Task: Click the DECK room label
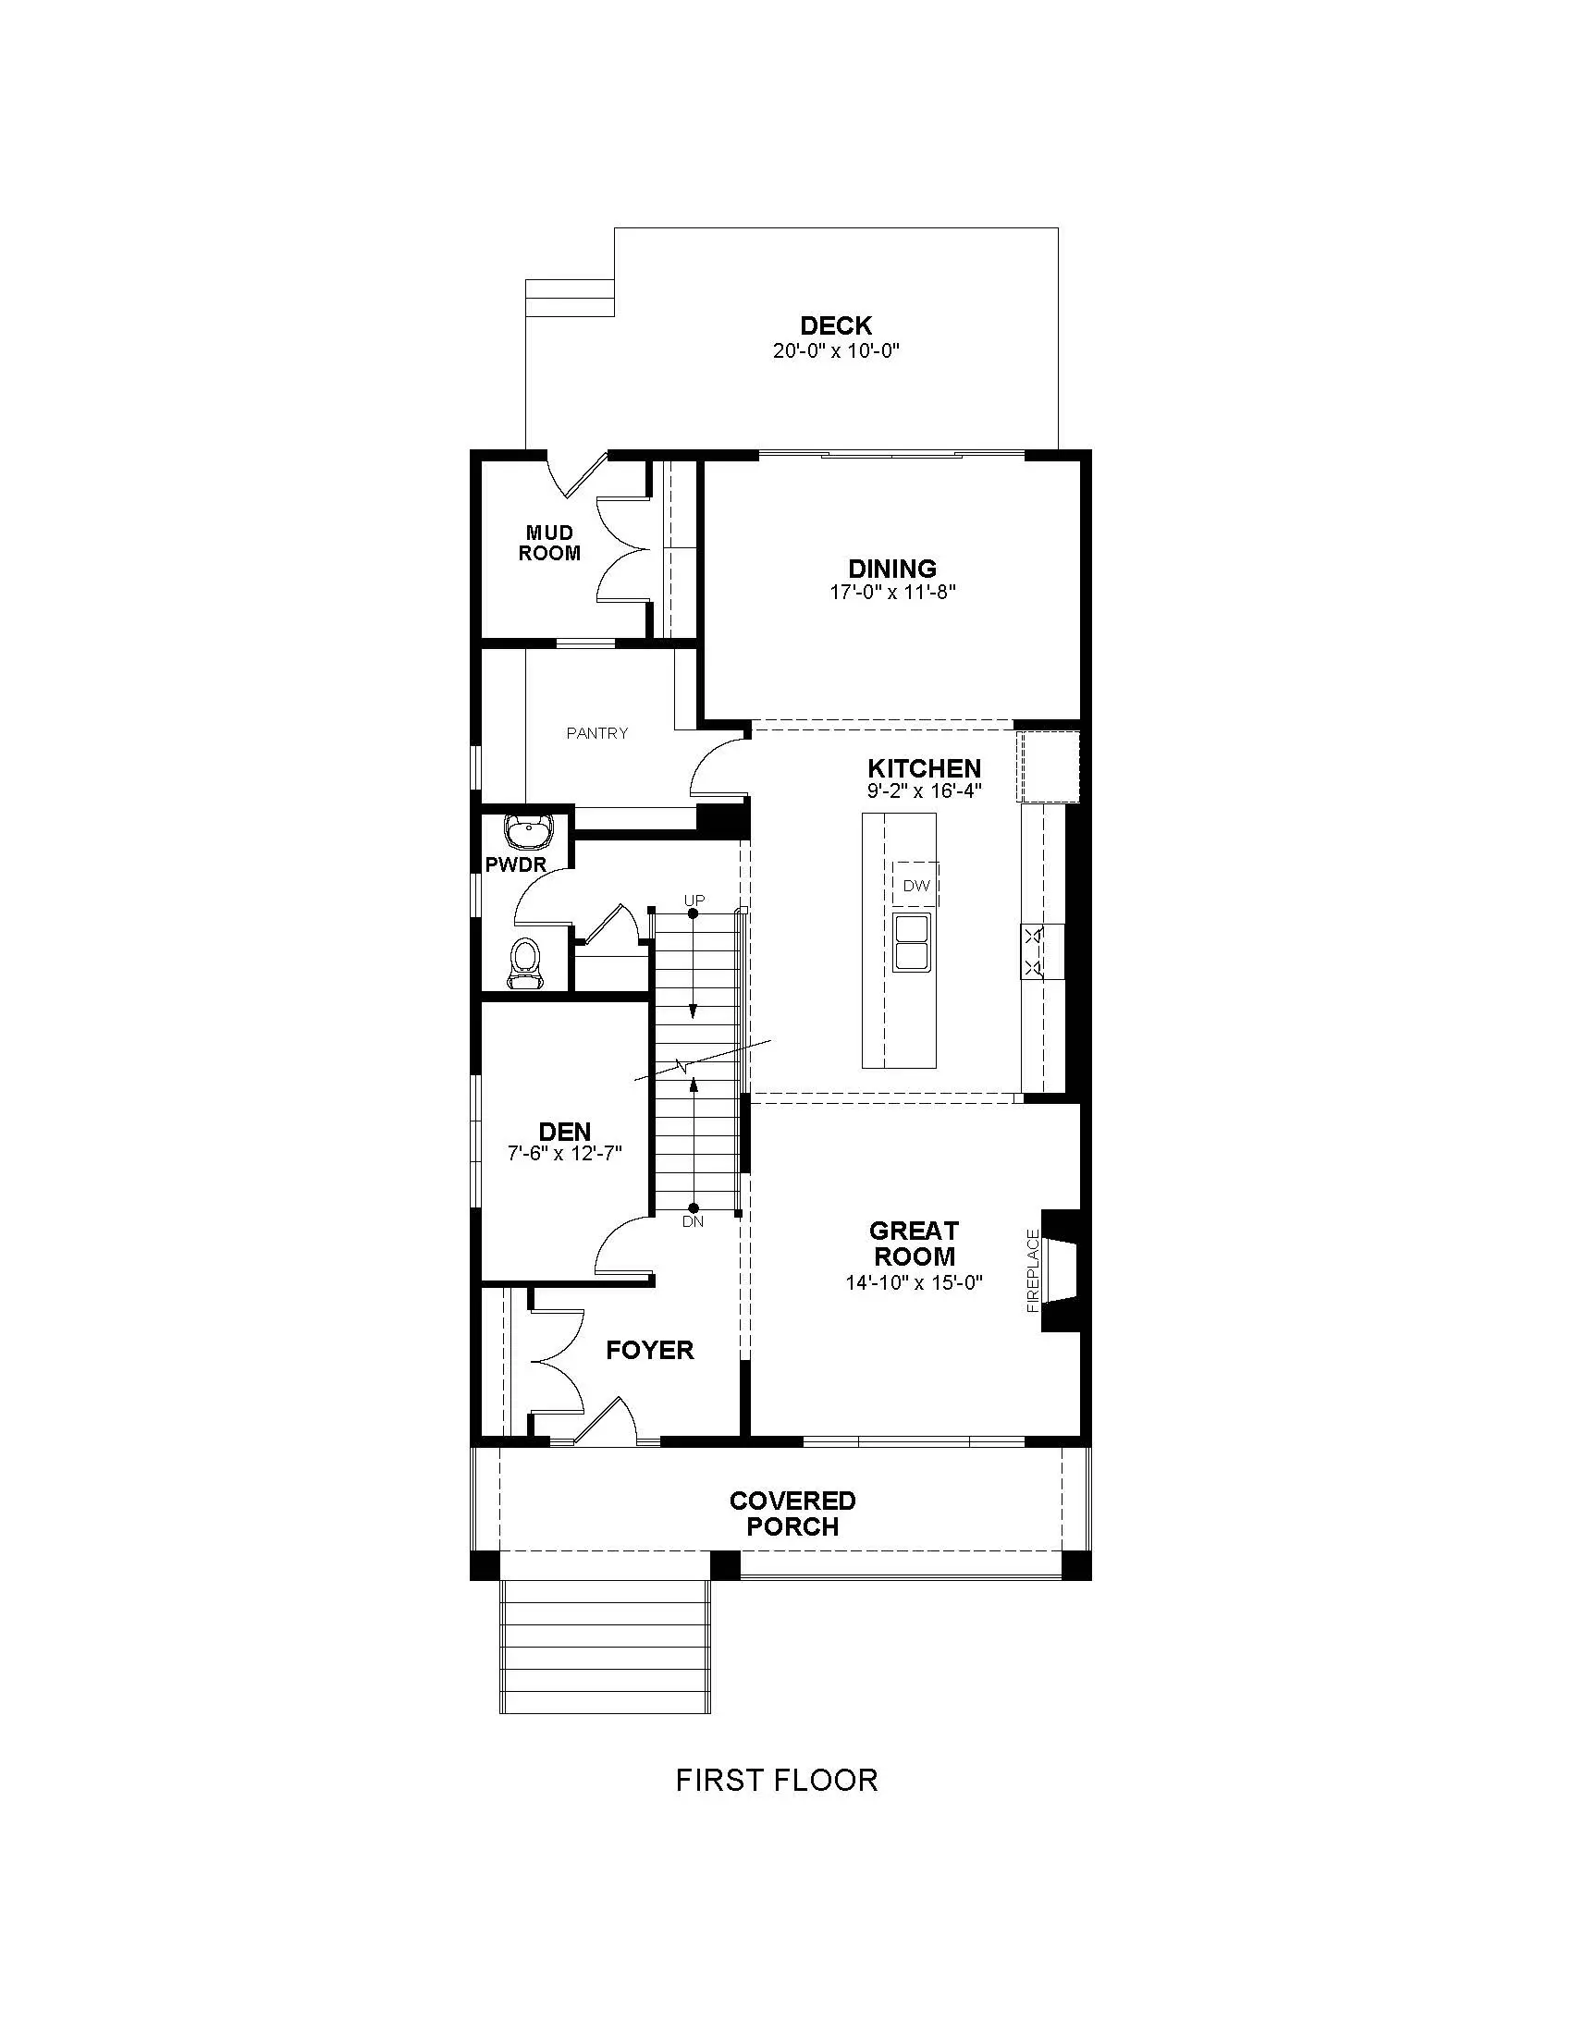[x=835, y=326]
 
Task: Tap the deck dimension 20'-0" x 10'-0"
[x=835, y=351]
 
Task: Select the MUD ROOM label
[x=549, y=543]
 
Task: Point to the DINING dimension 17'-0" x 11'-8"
[x=893, y=593]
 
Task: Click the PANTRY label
[x=597, y=733]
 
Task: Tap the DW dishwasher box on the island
[x=916, y=885]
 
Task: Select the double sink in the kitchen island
[x=912, y=942]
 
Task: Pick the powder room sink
[x=528, y=828]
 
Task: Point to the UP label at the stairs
[x=694, y=901]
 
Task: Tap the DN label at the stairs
[x=693, y=1221]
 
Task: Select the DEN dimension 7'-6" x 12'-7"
[x=564, y=1153]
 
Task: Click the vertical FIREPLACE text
[x=1033, y=1271]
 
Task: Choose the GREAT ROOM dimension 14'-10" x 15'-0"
[x=914, y=1282]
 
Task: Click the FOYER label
[x=650, y=1351]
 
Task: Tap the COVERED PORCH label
[x=792, y=1513]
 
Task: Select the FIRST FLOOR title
[x=777, y=1780]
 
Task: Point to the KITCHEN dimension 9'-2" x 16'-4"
[x=925, y=791]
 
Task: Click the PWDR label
[x=516, y=865]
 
